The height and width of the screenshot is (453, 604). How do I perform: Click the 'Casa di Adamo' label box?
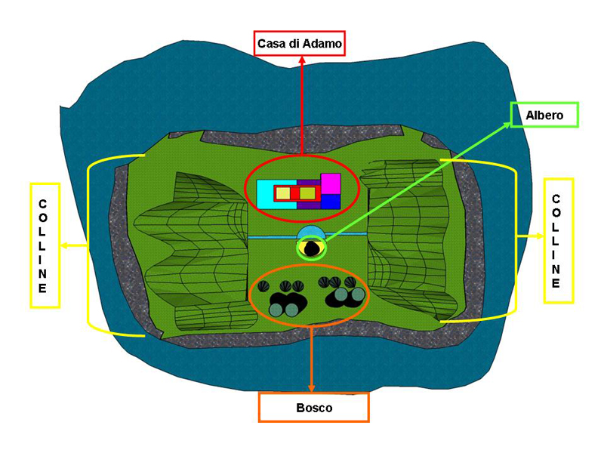pos(300,45)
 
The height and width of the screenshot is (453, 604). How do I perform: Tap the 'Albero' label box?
pos(544,115)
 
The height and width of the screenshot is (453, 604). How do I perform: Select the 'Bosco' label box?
pos(313,407)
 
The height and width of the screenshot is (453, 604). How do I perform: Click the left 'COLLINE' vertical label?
pos(44,245)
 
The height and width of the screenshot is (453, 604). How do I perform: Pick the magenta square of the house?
pos(331,183)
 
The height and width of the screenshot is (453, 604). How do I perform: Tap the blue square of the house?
pos(331,202)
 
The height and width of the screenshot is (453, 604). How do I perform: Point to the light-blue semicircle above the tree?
pos(310,231)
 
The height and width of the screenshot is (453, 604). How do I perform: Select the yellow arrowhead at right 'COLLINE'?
pos(538,236)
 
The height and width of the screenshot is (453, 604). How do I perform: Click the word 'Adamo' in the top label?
pos(322,45)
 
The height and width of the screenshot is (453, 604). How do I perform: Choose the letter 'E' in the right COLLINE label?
pos(556,284)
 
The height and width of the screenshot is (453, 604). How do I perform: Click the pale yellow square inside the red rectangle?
pos(282,194)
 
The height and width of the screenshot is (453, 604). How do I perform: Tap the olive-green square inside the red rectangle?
pos(306,194)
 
